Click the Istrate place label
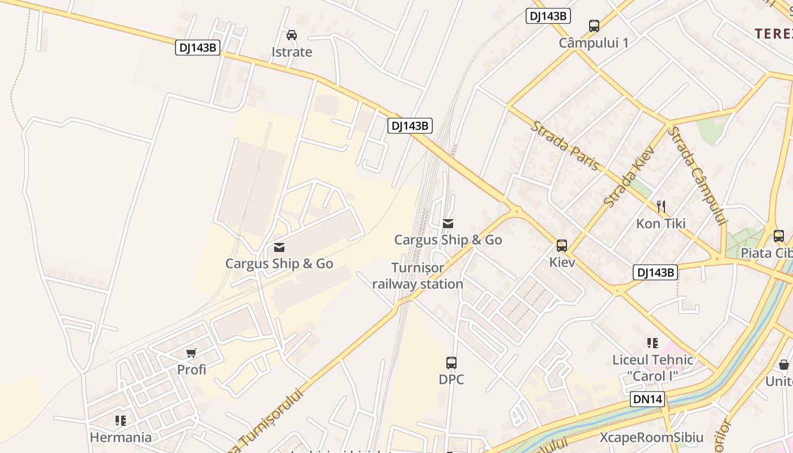click(292, 52)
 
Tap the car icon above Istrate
click(292, 35)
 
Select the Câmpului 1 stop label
click(594, 43)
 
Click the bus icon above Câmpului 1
click(594, 26)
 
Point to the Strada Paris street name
click(565, 146)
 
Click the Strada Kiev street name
click(629, 176)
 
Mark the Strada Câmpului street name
click(697, 176)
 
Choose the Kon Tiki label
click(660, 224)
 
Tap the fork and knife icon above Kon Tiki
click(660, 206)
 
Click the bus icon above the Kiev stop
click(561, 246)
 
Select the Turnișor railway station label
click(418, 276)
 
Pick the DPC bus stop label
click(451, 379)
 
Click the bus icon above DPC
click(451, 362)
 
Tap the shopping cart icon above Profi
click(191, 353)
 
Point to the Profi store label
click(191, 370)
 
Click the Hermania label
click(121, 438)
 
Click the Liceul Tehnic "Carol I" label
click(653, 367)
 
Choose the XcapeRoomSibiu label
click(651, 438)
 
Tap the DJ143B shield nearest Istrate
click(197, 48)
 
